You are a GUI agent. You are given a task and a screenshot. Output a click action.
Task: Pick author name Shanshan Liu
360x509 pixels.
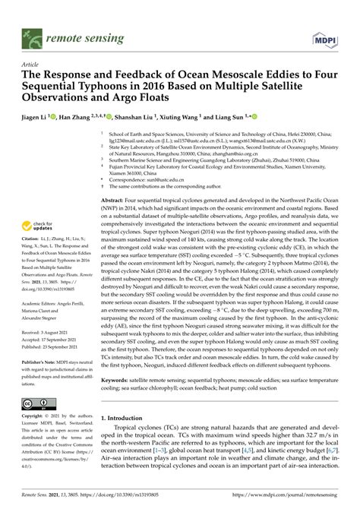(137, 119)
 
